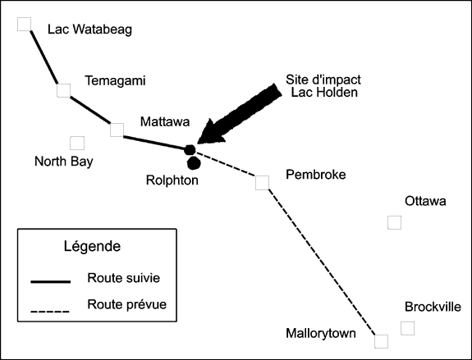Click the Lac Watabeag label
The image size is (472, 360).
(89, 30)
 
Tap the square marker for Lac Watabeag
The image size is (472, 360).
(24, 24)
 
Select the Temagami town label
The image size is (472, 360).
(115, 80)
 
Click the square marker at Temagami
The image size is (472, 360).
(63, 90)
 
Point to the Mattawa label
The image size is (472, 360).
(165, 122)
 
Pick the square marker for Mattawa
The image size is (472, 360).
(117, 130)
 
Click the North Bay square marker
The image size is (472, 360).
(77, 144)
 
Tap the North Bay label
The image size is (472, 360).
(64, 162)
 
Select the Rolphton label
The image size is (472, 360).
(172, 180)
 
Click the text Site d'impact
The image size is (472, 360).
(323, 80)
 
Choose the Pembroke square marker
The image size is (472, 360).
(262, 183)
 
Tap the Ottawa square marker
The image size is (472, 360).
(394, 222)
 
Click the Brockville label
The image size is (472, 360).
(433, 307)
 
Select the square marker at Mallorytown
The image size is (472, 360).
(382, 341)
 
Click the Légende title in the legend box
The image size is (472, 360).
(92, 247)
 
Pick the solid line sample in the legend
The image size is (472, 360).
(51, 281)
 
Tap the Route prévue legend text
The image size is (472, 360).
(126, 304)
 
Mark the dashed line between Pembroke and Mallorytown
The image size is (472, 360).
(322, 262)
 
